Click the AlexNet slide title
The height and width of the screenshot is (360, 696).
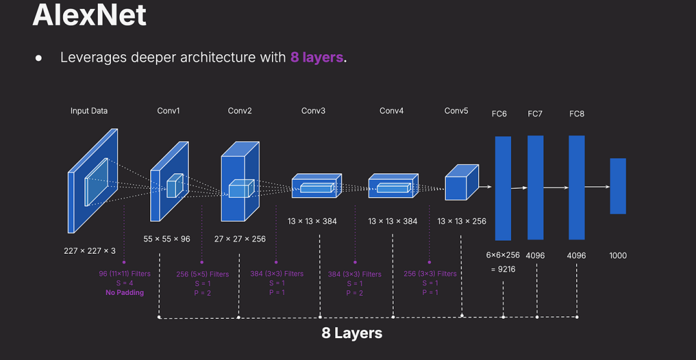tap(89, 15)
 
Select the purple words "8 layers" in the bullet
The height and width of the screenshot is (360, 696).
tap(316, 57)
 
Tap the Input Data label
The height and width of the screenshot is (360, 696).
tap(89, 111)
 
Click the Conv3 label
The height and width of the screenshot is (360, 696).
tap(313, 111)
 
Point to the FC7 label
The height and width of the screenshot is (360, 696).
tap(535, 114)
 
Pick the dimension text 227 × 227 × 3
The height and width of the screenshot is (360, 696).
tap(90, 251)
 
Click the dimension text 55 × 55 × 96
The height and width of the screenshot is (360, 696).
tap(167, 239)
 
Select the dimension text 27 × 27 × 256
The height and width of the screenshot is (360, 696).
tap(240, 239)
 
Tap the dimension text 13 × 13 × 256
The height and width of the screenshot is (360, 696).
tap(461, 222)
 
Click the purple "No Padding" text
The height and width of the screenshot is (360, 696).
tap(125, 292)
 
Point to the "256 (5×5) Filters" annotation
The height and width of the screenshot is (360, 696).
tap(202, 274)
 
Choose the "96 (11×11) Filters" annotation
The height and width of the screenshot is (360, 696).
tap(125, 274)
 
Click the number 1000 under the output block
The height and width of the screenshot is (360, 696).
tap(618, 256)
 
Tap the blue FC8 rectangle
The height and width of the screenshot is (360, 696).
tap(577, 187)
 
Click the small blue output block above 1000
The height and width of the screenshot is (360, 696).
tap(618, 186)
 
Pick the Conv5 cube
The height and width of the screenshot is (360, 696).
tap(460, 182)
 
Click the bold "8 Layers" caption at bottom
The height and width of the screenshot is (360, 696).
tap(352, 334)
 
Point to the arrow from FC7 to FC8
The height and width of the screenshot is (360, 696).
tap(556, 188)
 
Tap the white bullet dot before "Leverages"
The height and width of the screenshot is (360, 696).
tap(39, 58)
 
